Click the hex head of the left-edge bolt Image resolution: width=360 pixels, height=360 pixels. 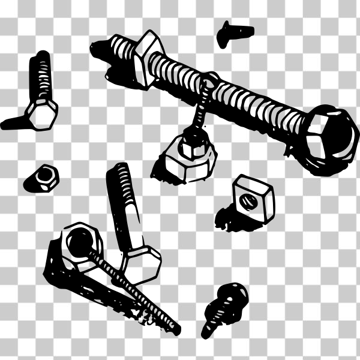pos(43,112)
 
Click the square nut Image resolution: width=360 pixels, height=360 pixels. pos(253,197)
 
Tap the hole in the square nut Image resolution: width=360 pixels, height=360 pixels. pos(249,200)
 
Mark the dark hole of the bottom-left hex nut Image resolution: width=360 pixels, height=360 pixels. pos(77,242)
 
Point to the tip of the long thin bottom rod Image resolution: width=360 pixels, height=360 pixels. pos(175,329)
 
